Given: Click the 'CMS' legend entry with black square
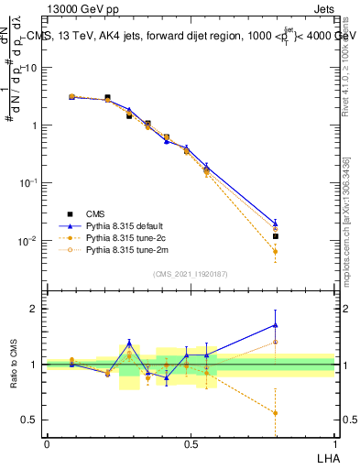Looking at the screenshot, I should click(x=94, y=213).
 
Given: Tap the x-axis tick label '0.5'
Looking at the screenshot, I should click(x=190, y=443).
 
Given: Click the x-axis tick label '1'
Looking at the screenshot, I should click(x=333, y=443).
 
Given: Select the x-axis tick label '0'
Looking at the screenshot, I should click(x=47, y=443).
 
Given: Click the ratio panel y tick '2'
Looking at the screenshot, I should click(x=34, y=309).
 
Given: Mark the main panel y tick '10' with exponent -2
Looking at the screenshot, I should click(x=27, y=241).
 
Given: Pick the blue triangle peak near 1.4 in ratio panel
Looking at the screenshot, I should click(x=129, y=343).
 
